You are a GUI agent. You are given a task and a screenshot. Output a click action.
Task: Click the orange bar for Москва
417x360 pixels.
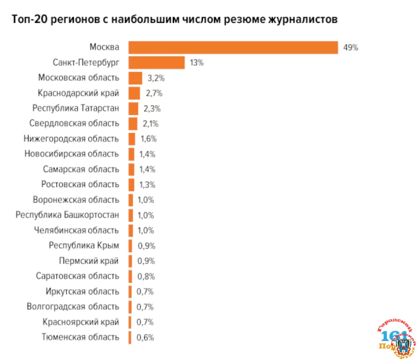tap(233, 47)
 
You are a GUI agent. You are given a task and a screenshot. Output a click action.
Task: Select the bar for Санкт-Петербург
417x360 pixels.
tap(156, 63)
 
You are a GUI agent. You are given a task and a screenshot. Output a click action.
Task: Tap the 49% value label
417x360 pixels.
tap(350, 47)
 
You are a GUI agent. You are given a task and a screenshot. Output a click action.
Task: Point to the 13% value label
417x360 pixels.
tap(197, 63)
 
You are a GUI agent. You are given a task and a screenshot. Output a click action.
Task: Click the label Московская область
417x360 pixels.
tap(78, 78)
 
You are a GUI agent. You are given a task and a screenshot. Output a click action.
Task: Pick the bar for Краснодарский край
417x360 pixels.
tap(134, 93)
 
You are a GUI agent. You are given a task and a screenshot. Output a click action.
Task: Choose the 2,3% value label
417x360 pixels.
tap(152, 108)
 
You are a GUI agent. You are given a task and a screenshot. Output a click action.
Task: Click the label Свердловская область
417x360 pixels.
tap(74, 124)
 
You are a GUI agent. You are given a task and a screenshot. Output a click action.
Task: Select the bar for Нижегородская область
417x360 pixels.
tap(132, 139)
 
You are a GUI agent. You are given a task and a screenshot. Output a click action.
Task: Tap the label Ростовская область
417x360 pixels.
tap(80, 185)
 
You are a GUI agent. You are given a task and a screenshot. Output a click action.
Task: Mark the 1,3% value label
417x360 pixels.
tap(147, 185)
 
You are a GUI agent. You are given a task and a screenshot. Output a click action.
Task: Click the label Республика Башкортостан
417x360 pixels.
tap(67, 215)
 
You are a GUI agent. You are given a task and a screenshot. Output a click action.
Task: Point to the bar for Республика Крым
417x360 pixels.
tap(131, 246)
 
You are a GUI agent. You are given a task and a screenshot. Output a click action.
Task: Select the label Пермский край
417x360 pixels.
tap(89, 261)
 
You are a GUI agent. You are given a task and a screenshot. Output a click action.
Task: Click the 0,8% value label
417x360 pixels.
tap(146, 276)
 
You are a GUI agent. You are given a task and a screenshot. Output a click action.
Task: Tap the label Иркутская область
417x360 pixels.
tap(82, 291)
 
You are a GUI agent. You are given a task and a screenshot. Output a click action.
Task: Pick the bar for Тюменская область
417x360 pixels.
tap(130, 337)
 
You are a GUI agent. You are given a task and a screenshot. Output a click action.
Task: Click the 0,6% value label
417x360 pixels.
tap(145, 338)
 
